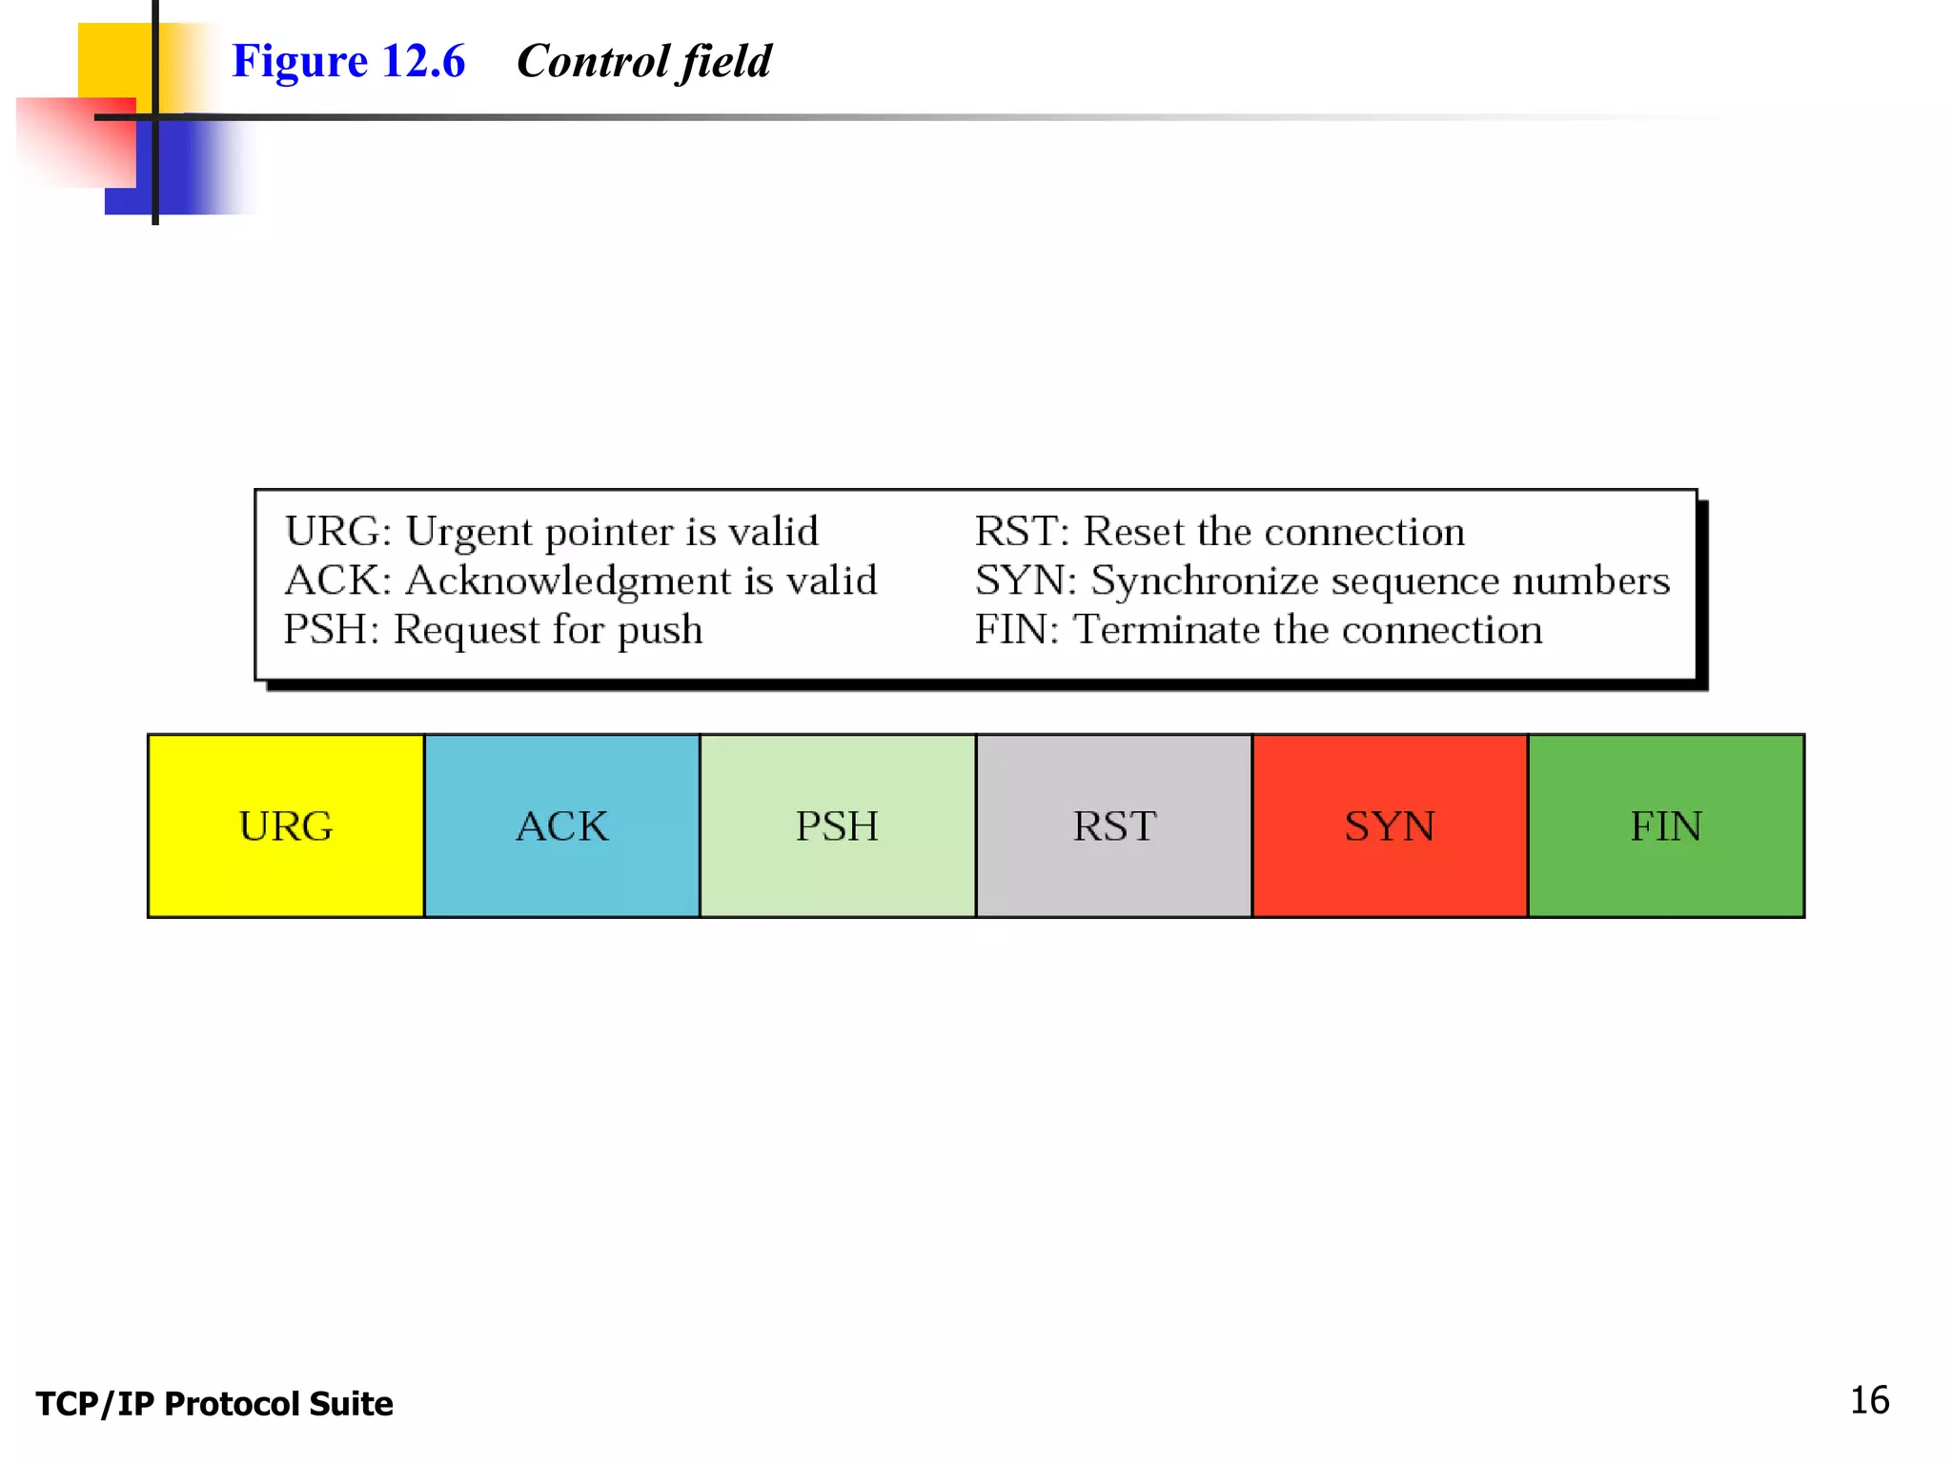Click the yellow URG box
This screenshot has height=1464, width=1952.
[x=286, y=825]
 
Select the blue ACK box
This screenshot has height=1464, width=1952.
[x=561, y=825]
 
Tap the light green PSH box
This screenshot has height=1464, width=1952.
[x=837, y=825]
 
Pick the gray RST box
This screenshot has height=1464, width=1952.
[x=1113, y=825]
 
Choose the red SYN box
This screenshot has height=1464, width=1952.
[x=1389, y=825]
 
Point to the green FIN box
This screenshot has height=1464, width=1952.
[x=1665, y=825]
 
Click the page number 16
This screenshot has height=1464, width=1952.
[x=1869, y=1400]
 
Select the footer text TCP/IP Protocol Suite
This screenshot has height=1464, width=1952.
[x=214, y=1404]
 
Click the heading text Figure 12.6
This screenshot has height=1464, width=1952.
[x=348, y=61]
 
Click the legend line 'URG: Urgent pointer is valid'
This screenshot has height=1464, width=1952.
[x=551, y=532]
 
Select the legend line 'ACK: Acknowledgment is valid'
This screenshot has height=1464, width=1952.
[x=580, y=580]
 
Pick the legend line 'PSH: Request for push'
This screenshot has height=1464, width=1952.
[x=493, y=630]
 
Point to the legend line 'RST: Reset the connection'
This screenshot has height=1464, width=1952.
[x=1219, y=532]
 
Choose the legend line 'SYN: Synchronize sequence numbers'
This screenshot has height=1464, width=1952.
[x=1322, y=580]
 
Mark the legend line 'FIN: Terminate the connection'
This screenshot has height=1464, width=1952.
[x=1258, y=630]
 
